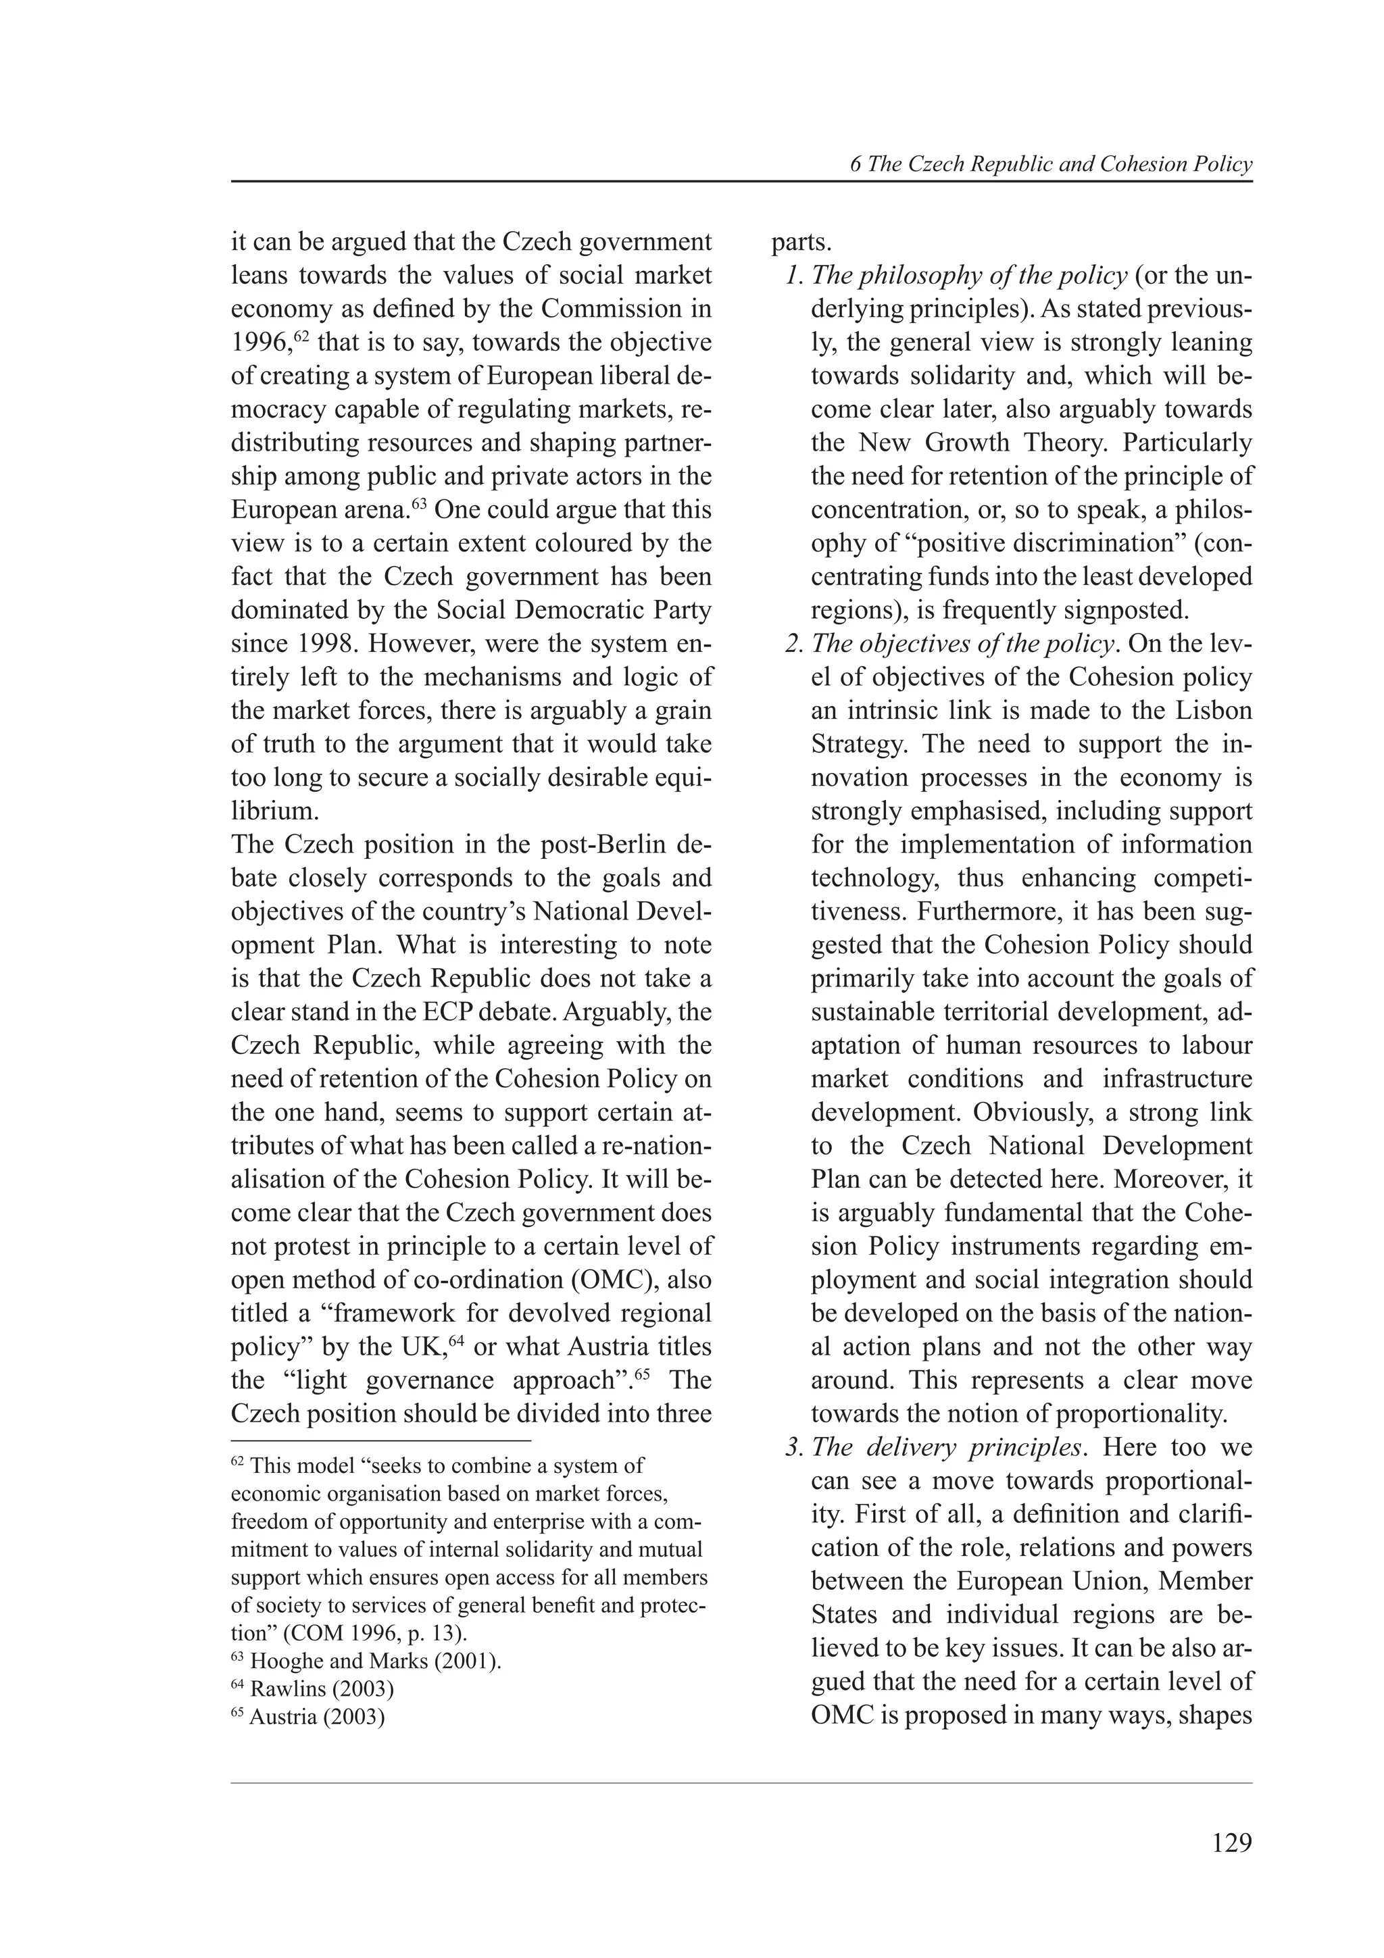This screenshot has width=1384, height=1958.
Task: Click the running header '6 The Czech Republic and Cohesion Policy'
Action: pyautogui.click(x=1051, y=165)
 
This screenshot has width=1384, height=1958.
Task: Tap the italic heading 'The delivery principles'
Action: pyautogui.click(x=948, y=1447)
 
